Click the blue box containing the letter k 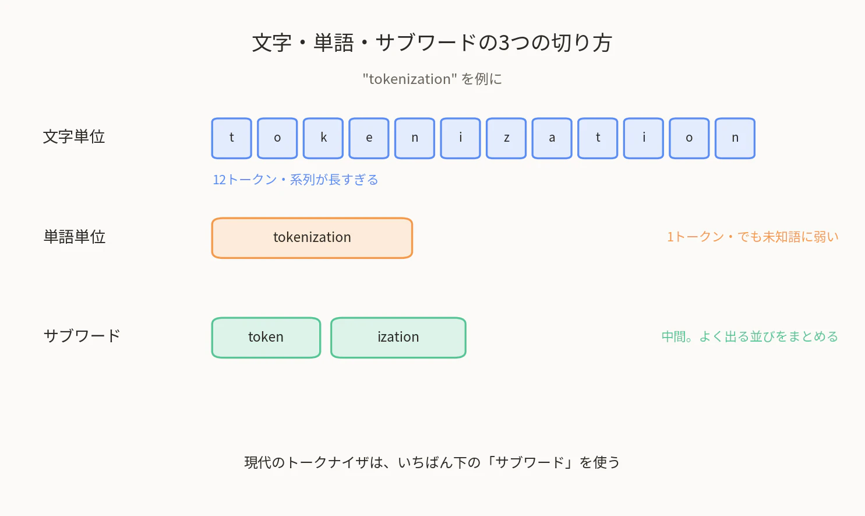pos(323,138)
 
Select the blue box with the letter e pos(369,138)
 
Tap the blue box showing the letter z pos(506,138)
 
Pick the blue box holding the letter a pos(552,138)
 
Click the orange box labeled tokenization pos(312,238)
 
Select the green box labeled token pos(266,338)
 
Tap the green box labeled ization pos(398,338)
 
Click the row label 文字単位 pos(74,137)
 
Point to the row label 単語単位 pos(74,237)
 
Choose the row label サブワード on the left pos(82,336)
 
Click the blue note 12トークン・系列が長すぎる pos(295,180)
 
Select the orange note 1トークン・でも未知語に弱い pos(753,237)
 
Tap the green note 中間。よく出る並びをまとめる pos(750,336)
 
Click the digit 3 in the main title pos(504,43)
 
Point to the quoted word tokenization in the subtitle pos(409,79)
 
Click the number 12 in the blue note pos(220,180)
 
